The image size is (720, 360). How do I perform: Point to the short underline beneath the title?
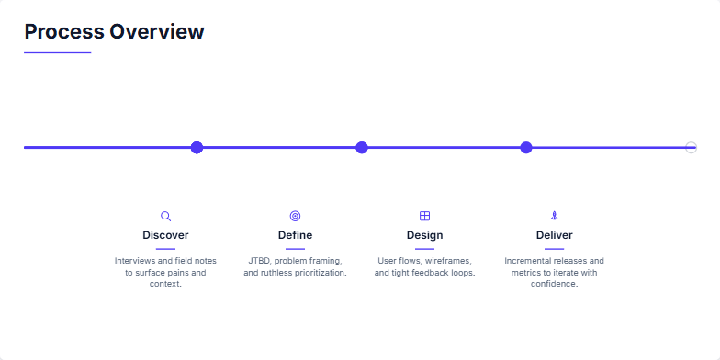click(x=57, y=53)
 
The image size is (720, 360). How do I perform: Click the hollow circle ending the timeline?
click(x=691, y=147)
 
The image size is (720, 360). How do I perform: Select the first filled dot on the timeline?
click(x=197, y=147)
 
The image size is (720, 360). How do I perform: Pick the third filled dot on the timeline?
click(x=526, y=147)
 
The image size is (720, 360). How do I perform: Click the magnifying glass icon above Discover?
click(x=165, y=216)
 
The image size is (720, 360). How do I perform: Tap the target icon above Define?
click(x=295, y=216)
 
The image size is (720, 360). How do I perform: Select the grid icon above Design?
click(x=424, y=216)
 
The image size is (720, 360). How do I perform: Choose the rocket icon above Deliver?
click(x=554, y=216)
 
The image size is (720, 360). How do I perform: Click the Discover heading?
click(x=165, y=235)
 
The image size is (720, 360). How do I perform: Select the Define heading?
click(x=295, y=235)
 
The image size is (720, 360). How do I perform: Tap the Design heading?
click(x=424, y=235)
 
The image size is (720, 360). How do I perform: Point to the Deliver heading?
click(x=554, y=235)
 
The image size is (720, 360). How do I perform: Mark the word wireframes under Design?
click(x=447, y=261)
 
